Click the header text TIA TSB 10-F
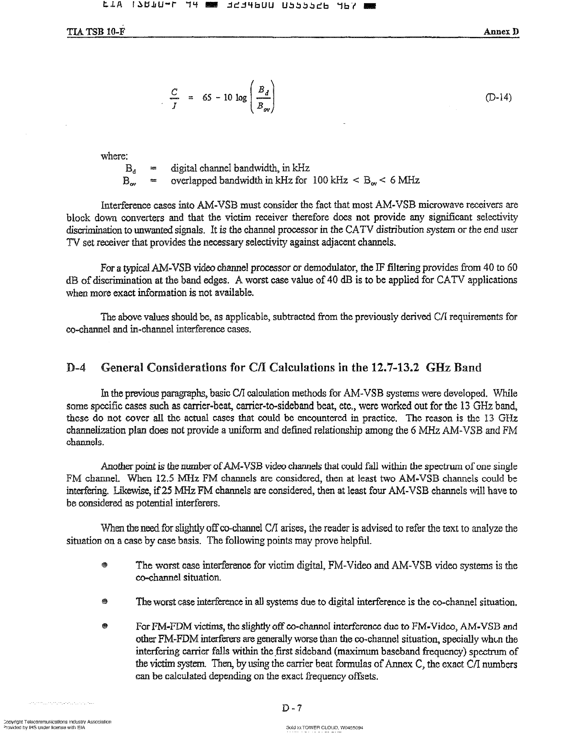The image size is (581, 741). pos(96,32)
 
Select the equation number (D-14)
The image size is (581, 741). pos(498,98)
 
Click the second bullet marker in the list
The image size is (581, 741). pos(105,601)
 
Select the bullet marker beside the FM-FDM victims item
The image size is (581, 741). pos(105,626)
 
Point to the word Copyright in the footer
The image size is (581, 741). pos(14,722)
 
